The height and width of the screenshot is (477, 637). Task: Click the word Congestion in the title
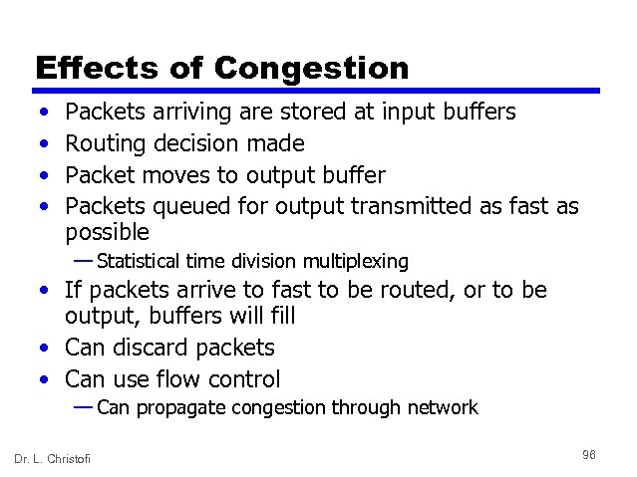[311, 68]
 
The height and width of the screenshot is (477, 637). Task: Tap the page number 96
[589, 455]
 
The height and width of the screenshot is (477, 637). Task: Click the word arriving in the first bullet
[188, 112]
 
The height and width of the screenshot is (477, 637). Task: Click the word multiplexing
[359, 262]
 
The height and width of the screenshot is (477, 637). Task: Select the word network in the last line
[444, 407]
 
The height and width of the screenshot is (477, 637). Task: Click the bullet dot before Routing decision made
[43, 144]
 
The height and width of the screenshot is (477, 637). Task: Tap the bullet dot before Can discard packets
[43, 349]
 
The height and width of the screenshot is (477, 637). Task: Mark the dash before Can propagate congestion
[84, 406]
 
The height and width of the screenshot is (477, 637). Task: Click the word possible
[107, 233]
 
